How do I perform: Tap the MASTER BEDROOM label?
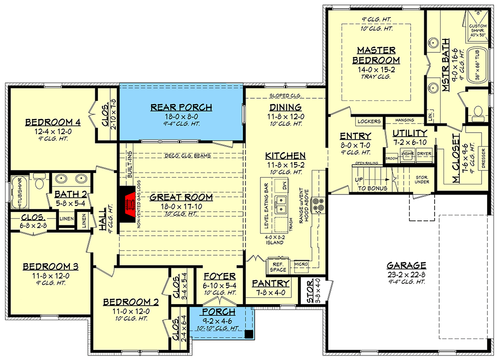[376, 55]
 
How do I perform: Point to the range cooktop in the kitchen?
[317, 204]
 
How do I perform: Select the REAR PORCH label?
[182, 107]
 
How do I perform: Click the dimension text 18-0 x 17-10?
[182, 206]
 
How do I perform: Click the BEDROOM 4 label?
[45, 122]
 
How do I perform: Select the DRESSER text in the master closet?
[484, 159]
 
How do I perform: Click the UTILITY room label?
[409, 133]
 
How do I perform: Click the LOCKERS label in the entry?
[369, 121]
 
